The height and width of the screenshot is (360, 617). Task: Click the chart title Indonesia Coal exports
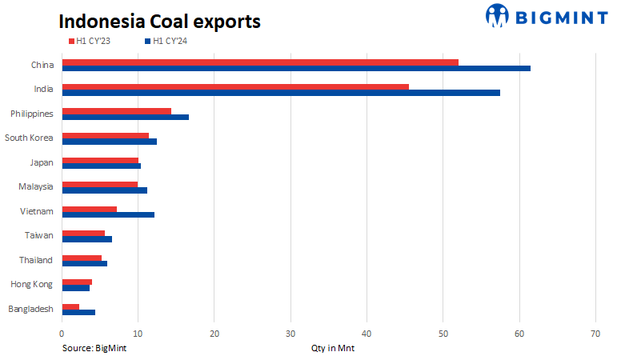point(159,21)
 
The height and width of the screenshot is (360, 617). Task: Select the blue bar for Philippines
point(125,117)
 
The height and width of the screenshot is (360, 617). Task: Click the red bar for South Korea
point(105,135)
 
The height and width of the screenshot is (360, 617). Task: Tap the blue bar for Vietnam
point(108,214)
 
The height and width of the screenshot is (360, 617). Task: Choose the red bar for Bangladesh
point(70,306)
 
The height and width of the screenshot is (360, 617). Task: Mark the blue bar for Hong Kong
point(75,287)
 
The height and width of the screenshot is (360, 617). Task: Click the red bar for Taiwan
point(83,233)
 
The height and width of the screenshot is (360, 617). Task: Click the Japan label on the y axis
point(41,162)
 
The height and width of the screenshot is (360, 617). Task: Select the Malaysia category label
point(36,187)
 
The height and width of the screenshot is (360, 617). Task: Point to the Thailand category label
point(35,260)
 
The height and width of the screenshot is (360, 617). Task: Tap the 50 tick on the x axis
point(443,333)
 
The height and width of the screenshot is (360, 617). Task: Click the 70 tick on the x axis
point(595,333)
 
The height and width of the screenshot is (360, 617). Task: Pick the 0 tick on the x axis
point(62,333)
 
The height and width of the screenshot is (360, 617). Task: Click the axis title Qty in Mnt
point(333,348)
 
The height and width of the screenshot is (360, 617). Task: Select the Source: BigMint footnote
point(94,348)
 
